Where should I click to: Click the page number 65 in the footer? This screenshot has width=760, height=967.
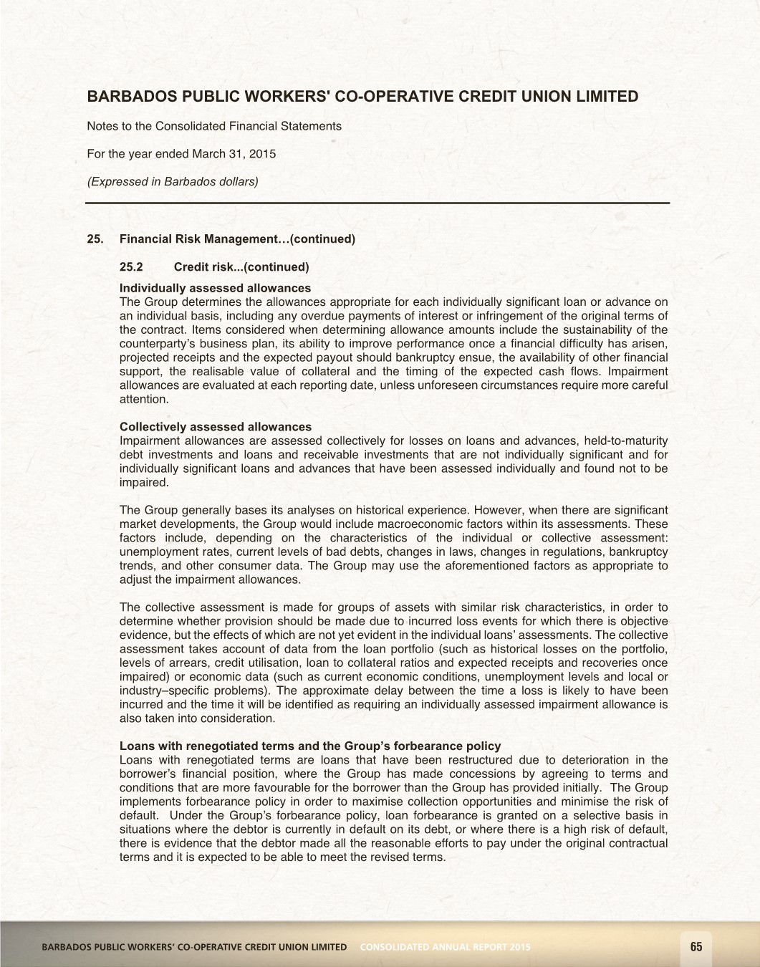coord(696,947)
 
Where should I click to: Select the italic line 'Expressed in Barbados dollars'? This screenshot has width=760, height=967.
coord(172,181)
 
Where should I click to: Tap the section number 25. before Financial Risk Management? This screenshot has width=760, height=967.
coord(95,239)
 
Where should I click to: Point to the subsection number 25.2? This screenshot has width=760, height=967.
coord(131,267)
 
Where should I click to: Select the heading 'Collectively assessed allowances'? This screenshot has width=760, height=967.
coord(216,427)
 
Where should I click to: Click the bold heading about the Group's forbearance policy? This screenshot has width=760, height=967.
coord(310,746)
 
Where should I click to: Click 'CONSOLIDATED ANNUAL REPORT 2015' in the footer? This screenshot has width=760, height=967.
coord(445,947)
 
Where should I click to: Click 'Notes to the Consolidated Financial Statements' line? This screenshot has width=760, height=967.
coord(214,126)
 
